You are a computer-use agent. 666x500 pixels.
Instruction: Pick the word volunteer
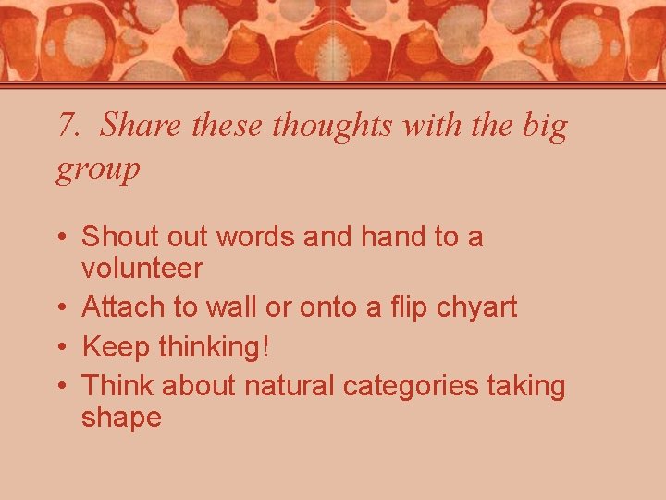coord(142,269)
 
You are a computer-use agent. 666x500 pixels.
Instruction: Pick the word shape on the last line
coord(121,418)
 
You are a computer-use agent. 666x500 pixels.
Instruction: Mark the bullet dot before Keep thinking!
coord(61,347)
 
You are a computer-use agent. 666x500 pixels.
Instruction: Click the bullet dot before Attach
coord(61,307)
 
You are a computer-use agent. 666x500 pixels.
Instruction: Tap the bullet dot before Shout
coord(61,238)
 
